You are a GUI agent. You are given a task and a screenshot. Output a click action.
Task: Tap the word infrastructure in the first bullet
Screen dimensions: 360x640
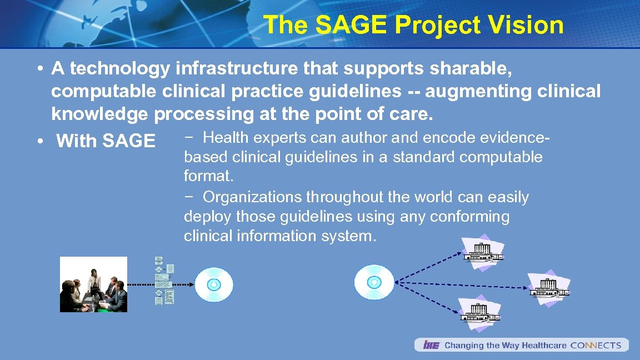pos(236,69)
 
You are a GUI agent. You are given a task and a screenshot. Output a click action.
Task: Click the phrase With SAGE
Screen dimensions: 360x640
pos(105,141)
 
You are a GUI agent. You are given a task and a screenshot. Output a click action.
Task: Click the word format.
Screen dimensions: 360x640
pos(209,177)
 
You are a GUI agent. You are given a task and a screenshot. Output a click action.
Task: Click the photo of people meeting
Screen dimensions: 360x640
pos(93,284)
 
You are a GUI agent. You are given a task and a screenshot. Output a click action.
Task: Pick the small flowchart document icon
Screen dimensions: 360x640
pos(164,281)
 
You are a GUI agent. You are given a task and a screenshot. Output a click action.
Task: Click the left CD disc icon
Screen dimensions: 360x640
pos(214,284)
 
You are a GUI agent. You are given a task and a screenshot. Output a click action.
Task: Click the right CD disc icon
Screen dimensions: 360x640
pos(374,282)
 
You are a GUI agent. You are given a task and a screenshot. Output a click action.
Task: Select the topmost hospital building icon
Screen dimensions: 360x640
pos(483,252)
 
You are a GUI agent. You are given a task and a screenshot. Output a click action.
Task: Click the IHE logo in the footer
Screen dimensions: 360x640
pos(431,345)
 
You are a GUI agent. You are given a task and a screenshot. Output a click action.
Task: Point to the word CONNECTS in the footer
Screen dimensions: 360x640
pos(596,345)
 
